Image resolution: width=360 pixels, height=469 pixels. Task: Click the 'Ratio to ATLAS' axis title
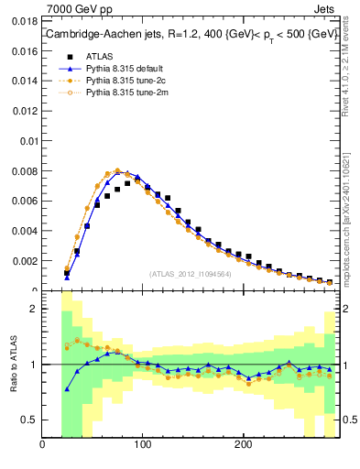pyautogui.click(x=13, y=365)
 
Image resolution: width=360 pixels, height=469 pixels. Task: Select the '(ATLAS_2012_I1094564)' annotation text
pyautogui.click(x=190, y=273)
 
